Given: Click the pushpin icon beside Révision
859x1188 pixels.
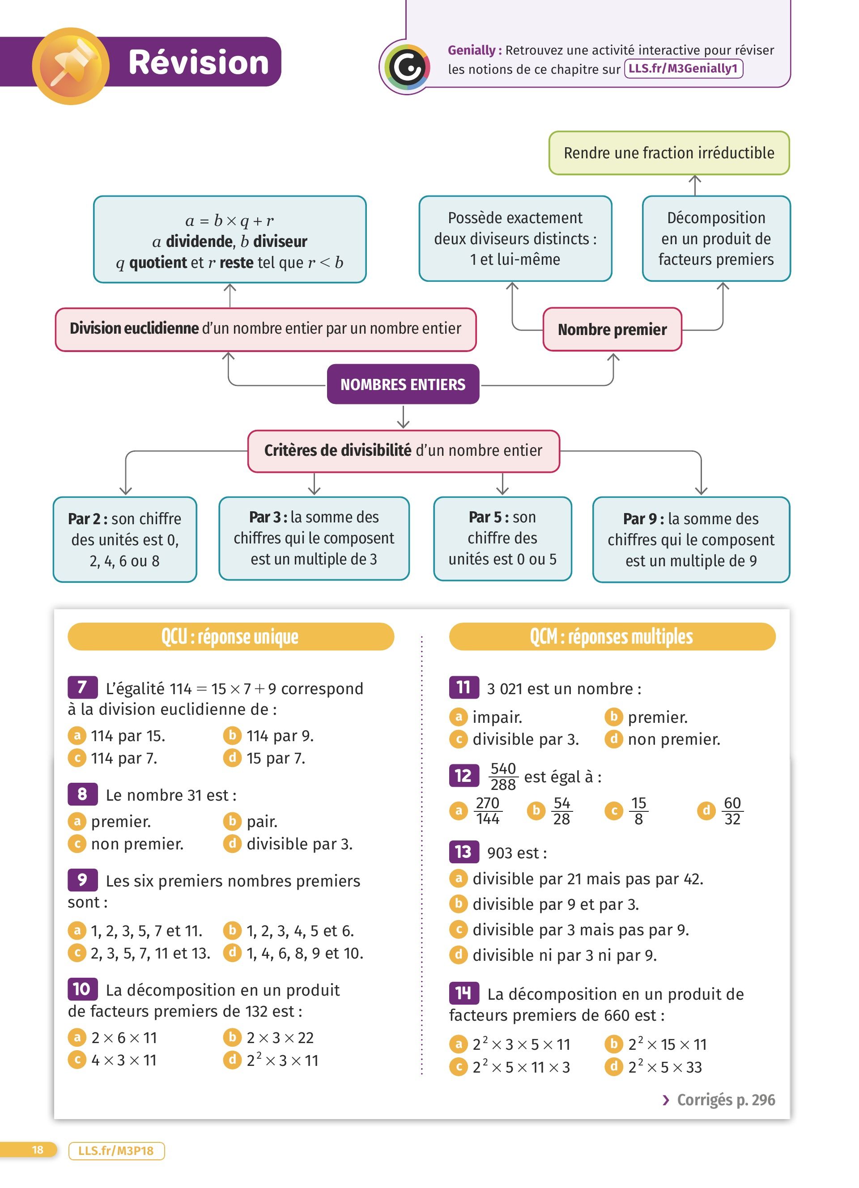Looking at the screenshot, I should point(71,66).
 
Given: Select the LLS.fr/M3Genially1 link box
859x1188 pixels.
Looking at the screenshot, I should point(683,68).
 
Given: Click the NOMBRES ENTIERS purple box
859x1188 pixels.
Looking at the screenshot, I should point(403,385).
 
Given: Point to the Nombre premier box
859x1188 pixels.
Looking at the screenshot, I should point(612,330).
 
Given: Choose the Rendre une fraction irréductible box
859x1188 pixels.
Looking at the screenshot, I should point(669,153).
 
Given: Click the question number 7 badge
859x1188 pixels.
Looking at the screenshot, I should point(82,687).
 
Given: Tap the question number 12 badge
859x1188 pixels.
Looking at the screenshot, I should point(464,775).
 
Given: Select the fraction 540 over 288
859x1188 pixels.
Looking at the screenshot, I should point(503,776).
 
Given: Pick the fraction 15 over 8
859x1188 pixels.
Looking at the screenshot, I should point(638,811).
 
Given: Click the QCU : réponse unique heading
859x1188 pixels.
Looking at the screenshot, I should point(230,636).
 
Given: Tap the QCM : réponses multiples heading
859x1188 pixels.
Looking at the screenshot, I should point(612,636).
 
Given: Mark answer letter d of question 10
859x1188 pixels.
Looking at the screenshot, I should point(231,1060).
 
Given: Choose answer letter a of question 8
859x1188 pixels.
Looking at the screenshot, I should point(77,821).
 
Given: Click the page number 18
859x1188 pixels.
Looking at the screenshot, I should point(38,1150).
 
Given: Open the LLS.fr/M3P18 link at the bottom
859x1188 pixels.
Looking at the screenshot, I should point(116,1151).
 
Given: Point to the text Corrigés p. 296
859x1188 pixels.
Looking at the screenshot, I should point(725,1099).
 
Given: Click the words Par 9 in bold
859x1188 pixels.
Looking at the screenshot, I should point(642,518).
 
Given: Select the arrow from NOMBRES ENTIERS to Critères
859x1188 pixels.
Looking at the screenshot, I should point(403,417).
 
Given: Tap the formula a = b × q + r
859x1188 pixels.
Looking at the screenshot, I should point(230,221).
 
